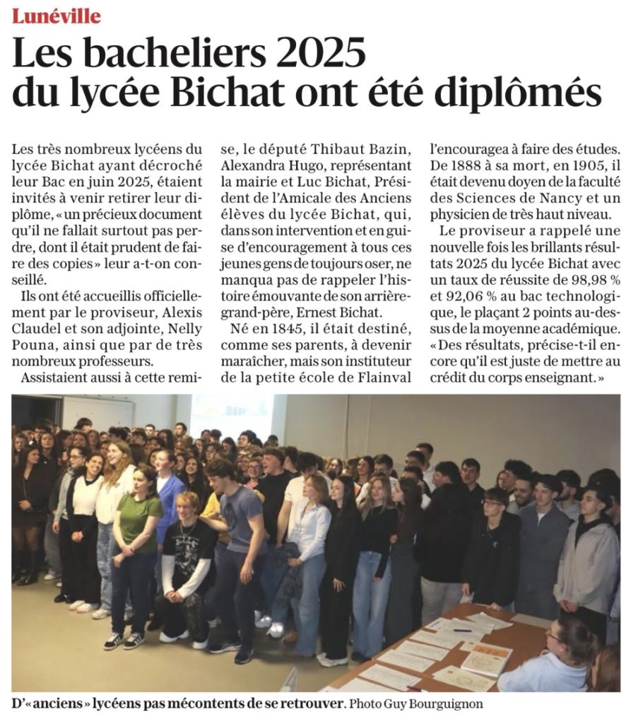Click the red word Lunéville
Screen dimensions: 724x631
[56, 16]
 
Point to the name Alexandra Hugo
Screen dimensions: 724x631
[265, 166]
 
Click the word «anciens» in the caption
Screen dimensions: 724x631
[54, 704]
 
